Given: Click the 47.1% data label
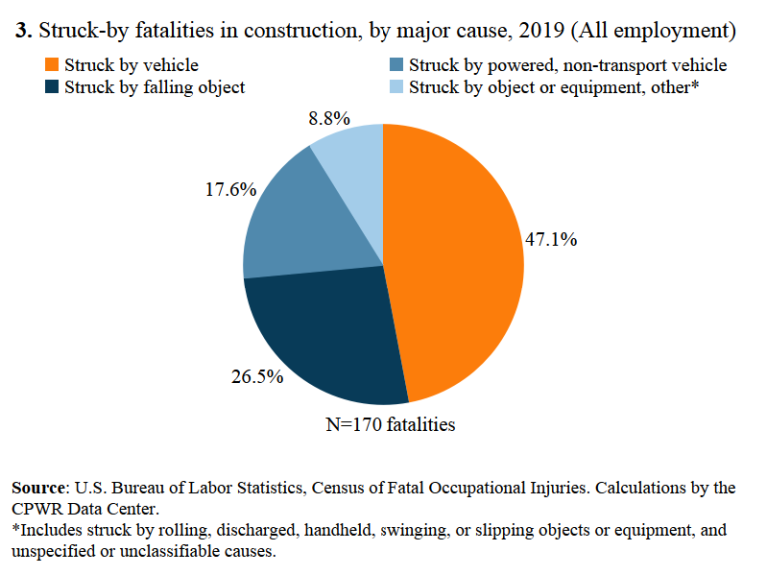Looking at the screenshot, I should (x=551, y=240).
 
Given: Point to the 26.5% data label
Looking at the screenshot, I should (x=258, y=377).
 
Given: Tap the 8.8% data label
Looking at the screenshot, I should (x=329, y=118).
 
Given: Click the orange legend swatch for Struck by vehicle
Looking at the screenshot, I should (x=50, y=66).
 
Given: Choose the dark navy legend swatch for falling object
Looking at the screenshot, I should (x=50, y=87).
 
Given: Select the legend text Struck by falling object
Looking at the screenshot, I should (x=154, y=87).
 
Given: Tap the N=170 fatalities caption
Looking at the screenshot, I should (x=390, y=425).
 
